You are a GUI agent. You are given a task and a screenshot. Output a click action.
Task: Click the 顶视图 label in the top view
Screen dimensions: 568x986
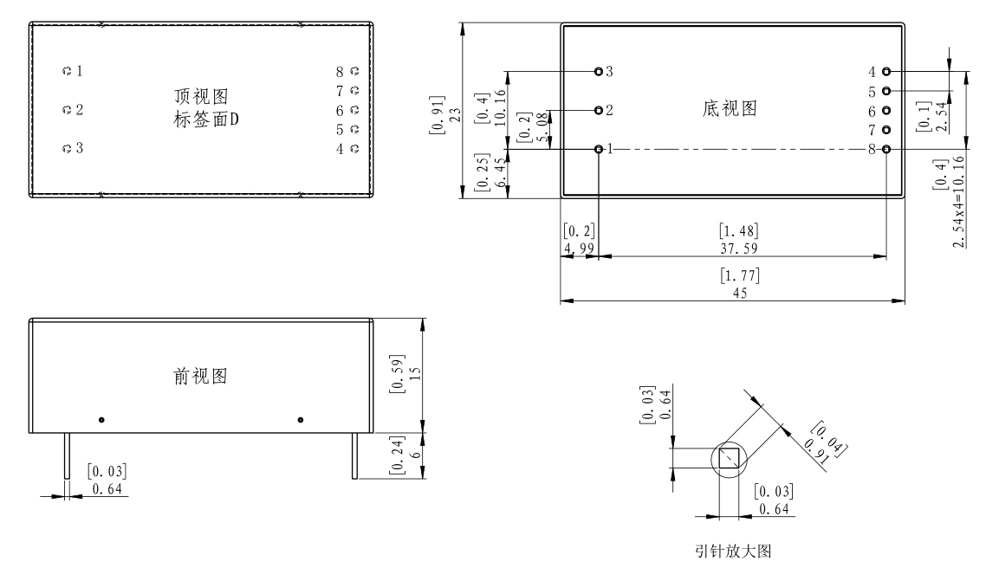coord(206,95)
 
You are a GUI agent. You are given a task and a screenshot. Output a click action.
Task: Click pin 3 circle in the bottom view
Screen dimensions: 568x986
coord(599,71)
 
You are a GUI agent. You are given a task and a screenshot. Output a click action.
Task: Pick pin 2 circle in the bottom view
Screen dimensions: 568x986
coord(599,110)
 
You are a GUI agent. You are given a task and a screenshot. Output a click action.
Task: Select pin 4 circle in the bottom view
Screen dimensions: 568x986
coord(886,72)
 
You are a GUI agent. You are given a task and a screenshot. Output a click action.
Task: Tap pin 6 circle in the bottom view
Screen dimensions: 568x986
coord(886,110)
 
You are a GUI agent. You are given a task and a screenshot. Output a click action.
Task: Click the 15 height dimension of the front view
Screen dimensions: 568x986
coord(414,371)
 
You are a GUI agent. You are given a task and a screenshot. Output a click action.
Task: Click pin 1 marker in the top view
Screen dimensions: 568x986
coord(67,70)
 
